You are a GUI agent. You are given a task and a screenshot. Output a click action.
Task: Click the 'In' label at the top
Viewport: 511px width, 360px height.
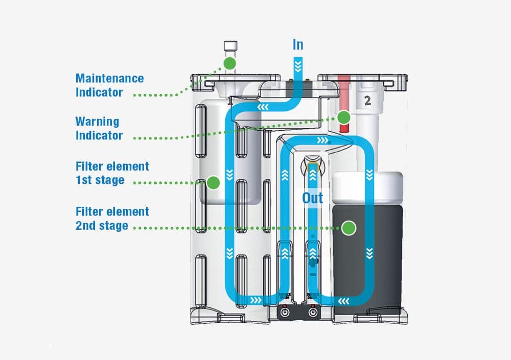coord(298,44)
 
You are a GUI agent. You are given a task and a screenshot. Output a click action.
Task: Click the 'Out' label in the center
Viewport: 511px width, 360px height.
coord(312,198)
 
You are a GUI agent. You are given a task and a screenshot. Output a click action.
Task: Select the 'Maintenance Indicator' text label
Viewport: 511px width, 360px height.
coord(109,85)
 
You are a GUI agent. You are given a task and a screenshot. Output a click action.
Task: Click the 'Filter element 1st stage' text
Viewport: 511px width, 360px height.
coord(112,173)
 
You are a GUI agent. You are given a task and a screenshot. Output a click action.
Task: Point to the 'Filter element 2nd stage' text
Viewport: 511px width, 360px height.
coord(112,219)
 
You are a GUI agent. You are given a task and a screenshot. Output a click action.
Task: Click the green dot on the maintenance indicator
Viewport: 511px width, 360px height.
coord(229,63)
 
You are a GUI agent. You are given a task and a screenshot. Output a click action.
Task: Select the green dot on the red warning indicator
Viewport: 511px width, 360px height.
coord(344,117)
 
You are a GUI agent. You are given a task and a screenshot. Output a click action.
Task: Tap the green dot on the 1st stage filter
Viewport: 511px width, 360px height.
coord(213,182)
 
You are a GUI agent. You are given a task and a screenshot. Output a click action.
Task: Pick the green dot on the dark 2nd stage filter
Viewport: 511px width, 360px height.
coord(349,228)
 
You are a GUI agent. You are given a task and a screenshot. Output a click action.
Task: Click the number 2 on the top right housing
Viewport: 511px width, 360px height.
coord(367,101)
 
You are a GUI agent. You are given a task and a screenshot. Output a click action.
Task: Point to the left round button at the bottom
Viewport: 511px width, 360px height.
coord(284,312)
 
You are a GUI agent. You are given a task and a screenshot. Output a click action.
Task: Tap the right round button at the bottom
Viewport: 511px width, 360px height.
coord(312,312)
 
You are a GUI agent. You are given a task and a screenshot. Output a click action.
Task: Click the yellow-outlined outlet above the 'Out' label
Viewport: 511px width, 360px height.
coord(312,166)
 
